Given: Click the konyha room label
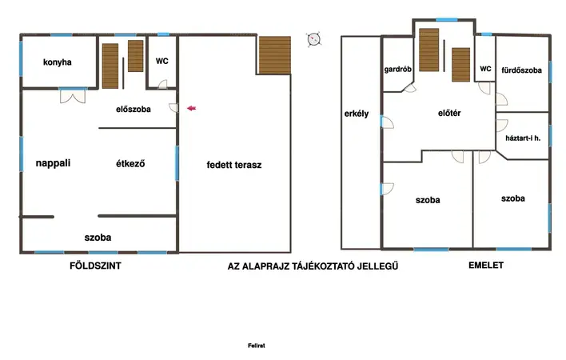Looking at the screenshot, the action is click(57, 62).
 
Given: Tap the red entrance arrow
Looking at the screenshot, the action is click(191, 108).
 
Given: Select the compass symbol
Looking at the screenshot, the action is click(313, 39).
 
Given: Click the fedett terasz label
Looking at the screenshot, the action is click(234, 165).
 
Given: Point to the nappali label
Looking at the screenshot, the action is click(53, 163).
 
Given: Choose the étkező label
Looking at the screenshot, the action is click(130, 163).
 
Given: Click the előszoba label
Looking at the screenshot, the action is click(134, 109).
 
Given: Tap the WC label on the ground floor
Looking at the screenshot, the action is click(161, 61).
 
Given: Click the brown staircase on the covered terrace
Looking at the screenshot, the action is click(275, 55).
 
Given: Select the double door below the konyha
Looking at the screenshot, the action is click(73, 96).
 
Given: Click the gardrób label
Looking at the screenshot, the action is click(397, 70).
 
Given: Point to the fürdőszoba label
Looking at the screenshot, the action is click(521, 70).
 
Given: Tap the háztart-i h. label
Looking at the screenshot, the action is click(523, 138).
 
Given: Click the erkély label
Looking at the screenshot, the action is click(357, 114).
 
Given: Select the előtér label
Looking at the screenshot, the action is click(449, 113).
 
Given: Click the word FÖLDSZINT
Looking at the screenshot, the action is click(95, 266).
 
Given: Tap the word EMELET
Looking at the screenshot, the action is click(486, 265).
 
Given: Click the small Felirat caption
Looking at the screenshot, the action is click(257, 346).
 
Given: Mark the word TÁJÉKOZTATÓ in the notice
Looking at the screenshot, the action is click(323, 266).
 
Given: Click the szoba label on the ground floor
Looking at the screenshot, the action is click(98, 238).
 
